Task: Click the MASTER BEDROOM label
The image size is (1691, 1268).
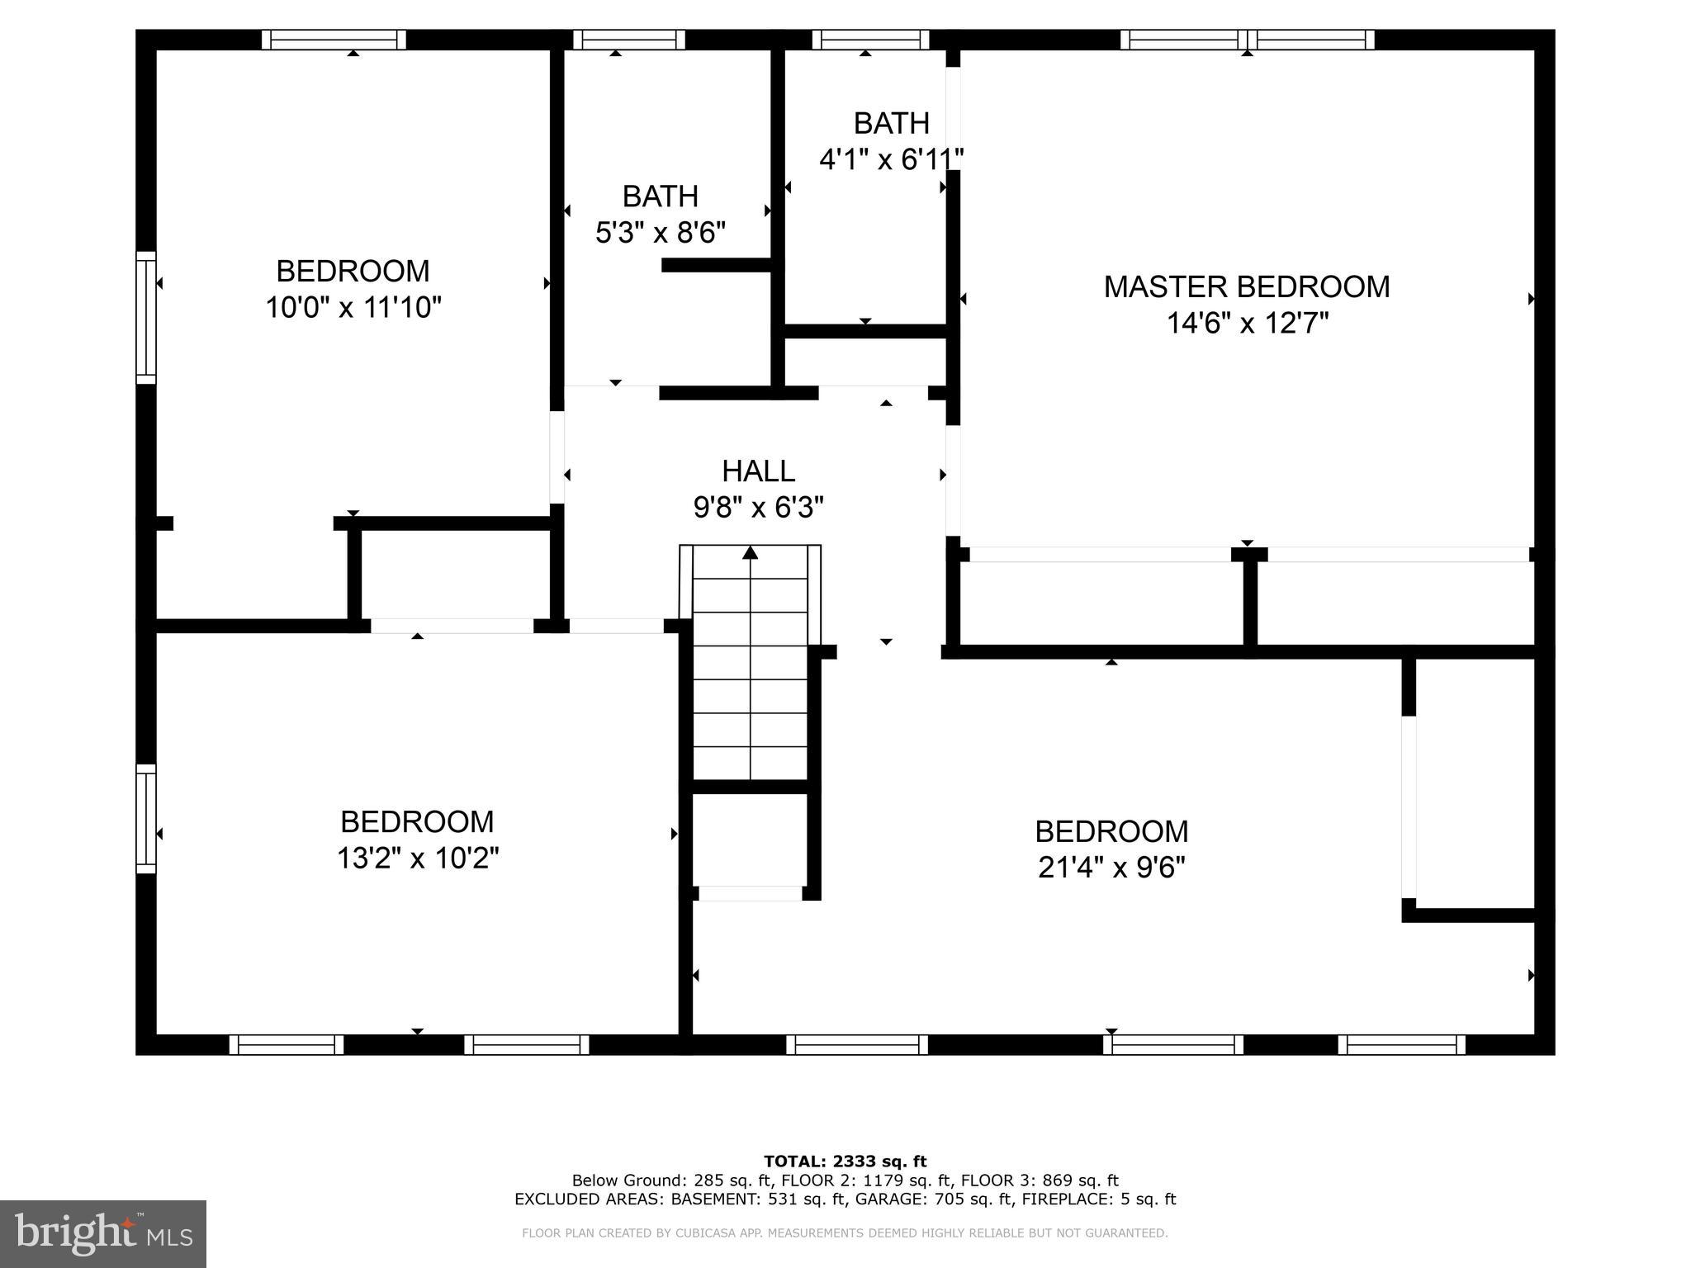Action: click(1246, 286)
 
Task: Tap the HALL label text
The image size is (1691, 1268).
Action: click(758, 471)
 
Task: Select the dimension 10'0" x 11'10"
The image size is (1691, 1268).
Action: click(353, 308)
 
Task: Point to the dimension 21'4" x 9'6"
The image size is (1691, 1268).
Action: click(1111, 868)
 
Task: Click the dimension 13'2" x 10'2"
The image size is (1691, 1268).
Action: click(417, 859)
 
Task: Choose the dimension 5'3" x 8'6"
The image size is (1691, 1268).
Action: click(660, 233)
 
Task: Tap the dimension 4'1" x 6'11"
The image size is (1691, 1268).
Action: click(891, 159)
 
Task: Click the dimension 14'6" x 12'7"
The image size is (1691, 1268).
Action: click(1247, 324)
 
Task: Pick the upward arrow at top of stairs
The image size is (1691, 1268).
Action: click(750, 552)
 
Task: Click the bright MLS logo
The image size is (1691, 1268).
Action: click(102, 1233)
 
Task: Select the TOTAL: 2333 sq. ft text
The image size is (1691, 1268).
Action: click(845, 1162)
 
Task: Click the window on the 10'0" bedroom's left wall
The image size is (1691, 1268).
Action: click(145, 317)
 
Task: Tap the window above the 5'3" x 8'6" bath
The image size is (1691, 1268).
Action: click(629, 40)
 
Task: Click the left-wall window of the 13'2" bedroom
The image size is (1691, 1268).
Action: click(145, 818)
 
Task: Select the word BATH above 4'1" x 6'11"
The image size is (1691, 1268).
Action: click(891, 123)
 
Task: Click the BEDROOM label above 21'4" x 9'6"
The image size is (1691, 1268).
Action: click(1111, 830)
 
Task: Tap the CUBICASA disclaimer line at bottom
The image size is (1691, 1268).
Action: click(845, 1233)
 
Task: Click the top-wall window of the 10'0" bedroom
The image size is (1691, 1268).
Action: click(334, 40)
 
